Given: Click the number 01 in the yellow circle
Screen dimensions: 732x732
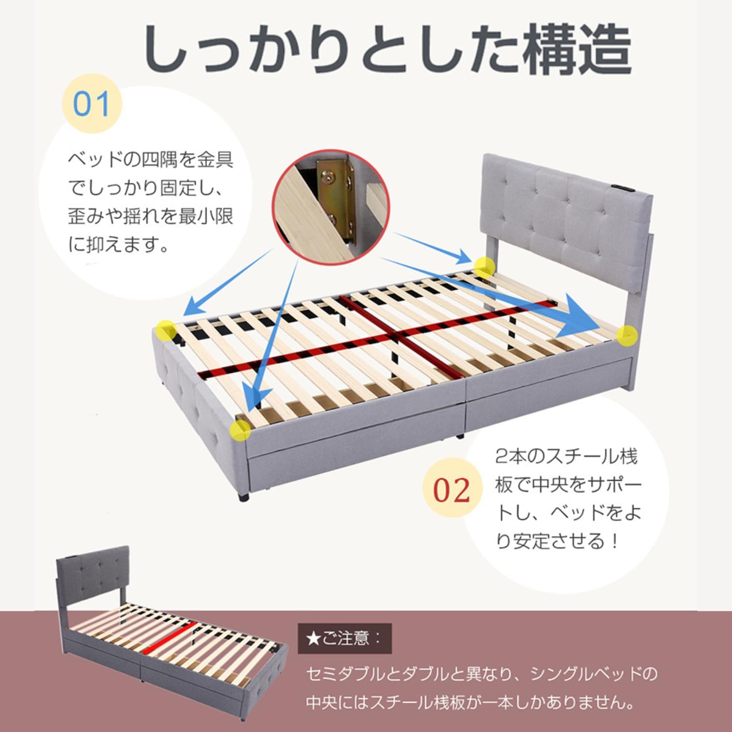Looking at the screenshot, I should [91, 104].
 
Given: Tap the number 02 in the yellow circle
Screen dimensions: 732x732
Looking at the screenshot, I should [451, 490].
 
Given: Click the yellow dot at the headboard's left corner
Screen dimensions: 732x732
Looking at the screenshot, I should [484, 266].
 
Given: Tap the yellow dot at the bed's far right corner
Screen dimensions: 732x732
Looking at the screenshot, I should [627, 336].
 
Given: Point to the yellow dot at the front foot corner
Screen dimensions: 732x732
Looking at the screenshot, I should [240, 430].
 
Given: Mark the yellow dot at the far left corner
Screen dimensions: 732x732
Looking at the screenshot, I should [166, 331].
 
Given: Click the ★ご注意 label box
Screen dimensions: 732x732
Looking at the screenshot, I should [345, 638].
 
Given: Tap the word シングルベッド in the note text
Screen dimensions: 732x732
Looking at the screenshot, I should [586, 674].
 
